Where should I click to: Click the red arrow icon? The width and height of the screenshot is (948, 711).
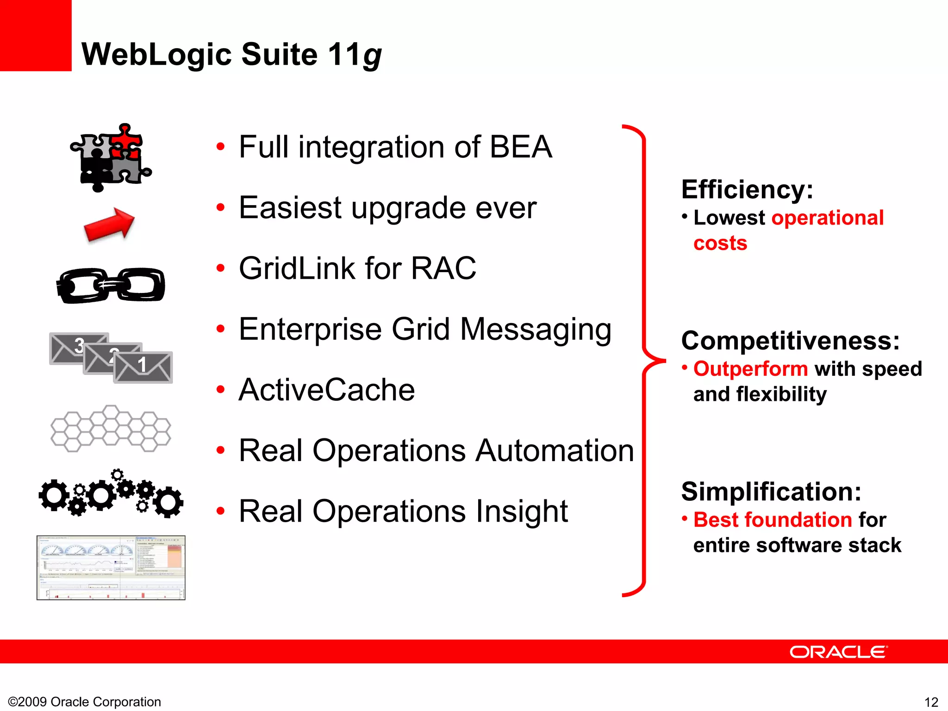[x=109, y=225]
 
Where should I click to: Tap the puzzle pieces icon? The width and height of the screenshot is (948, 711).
[x=110, y=157]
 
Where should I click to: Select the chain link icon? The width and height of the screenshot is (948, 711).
[x=110, y=285]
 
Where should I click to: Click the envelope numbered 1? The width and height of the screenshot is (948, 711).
[x=143, y=367]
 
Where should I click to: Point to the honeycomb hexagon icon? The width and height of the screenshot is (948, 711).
[x=110, y=429]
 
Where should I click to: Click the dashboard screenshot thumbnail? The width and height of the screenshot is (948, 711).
[x=111, y=568]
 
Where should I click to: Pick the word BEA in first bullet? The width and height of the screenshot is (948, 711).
[x=520, y=147]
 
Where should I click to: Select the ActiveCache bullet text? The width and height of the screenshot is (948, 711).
[x=327, y=390]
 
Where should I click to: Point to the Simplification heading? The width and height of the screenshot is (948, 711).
[x=771, y=492]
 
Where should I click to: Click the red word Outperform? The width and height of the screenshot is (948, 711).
[x=750, y=369]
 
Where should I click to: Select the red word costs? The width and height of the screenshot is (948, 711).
[x=720, y=243]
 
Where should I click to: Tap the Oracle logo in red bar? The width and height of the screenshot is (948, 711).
[x=838, y=652]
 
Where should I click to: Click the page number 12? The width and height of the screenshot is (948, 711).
[x=931, y=702]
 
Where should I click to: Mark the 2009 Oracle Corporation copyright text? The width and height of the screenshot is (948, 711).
[x=85, y=702]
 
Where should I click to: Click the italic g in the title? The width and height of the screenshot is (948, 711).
[x=372, y=56]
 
